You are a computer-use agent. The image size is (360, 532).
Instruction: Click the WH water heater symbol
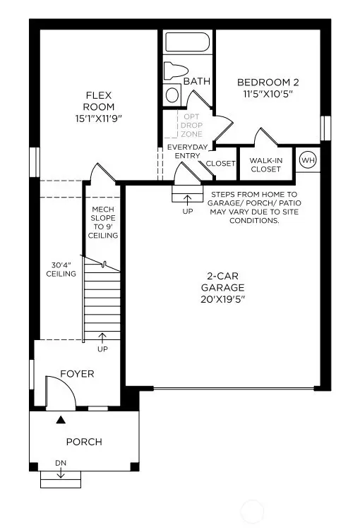308,160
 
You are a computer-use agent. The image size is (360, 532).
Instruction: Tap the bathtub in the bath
187,42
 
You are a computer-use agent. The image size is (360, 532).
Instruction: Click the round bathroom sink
173,95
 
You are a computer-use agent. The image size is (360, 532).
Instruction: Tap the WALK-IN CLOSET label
266,164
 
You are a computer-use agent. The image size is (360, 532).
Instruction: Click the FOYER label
77,374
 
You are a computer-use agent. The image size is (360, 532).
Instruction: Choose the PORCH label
84,442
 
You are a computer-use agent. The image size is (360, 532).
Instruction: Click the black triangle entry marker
61,420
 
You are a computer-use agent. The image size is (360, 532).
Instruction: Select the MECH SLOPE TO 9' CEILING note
103,222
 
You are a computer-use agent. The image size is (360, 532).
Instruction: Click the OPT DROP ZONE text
192,125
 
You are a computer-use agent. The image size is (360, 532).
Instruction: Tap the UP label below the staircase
102,349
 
